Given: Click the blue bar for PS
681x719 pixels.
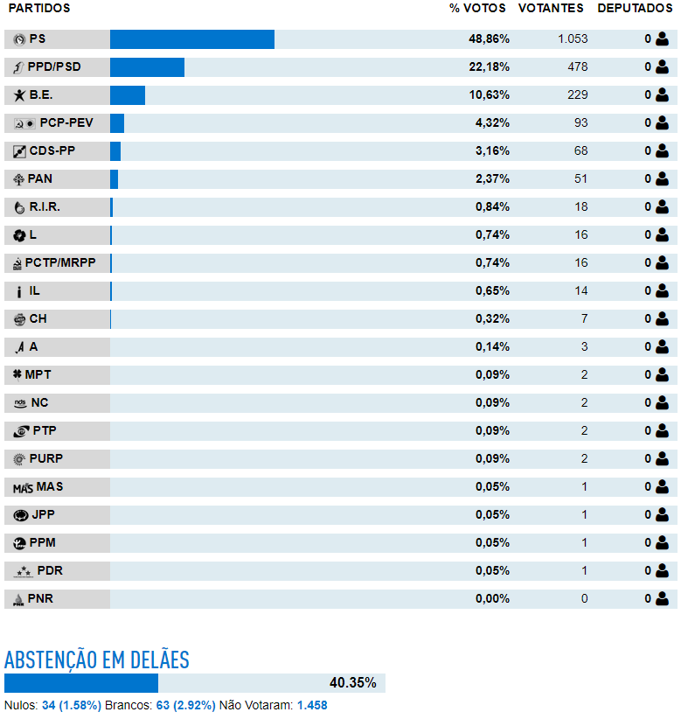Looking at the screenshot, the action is (192, 39).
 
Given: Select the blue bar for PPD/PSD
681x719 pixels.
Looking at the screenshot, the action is (147, 67).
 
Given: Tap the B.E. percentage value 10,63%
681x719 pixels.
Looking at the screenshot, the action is (489, 95).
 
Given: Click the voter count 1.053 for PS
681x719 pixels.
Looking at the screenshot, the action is (573, 39).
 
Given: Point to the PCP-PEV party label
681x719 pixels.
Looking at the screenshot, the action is (66, 122).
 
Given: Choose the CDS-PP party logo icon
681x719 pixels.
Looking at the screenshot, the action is (19, 151).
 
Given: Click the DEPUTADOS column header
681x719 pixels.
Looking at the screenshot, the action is (635, 8).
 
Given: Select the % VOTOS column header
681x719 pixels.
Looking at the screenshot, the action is (477, 8).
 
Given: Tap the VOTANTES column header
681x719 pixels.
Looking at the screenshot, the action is (551, 8).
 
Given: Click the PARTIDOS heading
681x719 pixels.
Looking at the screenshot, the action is (39, 8).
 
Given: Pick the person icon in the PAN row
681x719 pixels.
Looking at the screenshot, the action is (662, 178).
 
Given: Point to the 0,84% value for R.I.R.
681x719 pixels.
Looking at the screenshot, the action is (492, 206).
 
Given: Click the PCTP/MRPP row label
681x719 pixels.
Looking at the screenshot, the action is (60, 262).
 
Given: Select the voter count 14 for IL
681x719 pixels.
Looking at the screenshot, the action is (581, 290).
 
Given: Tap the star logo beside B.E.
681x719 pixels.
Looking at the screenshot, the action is (19, 95).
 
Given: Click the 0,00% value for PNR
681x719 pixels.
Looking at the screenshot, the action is (492, 598).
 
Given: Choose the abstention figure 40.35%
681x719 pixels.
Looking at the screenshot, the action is (353, 683).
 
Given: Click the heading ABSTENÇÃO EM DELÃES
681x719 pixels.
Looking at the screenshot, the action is (97, 660).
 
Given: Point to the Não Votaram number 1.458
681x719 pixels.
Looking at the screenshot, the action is (312, 705).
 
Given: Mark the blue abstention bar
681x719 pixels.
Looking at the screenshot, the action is (81, 683).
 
